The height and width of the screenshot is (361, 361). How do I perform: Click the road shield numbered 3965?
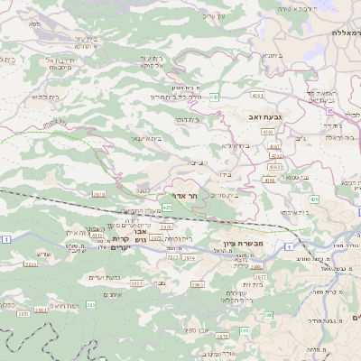click(x=198, y=284)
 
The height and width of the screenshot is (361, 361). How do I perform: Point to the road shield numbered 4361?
click(x=258, y=95)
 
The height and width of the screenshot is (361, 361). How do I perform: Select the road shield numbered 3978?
click(x=98, y=193)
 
